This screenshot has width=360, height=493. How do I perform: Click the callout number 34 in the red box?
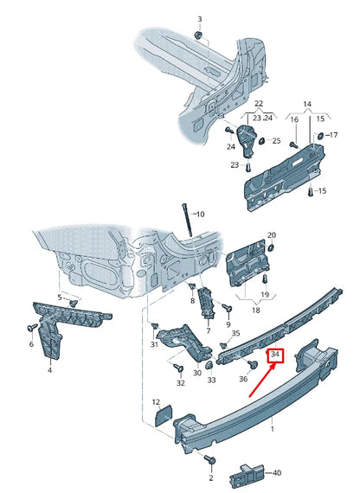tap(276, 355)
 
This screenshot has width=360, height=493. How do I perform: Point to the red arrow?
tap(262, 380)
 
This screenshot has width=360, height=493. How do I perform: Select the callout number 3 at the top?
tap(199, 19)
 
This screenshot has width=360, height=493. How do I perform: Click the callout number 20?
tap(271, 235)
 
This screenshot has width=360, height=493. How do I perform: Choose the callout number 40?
tap(278, 473)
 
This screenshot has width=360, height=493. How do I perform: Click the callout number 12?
tap(156, 402)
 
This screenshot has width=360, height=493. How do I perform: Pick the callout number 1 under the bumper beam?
tap(273, 428)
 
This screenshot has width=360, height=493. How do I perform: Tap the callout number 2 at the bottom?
tap(210, 477)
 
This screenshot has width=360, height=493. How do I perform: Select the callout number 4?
tap(49, 369)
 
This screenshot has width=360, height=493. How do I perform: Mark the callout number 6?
tap(31, 343)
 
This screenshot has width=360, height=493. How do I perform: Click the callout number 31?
tap(154, 344)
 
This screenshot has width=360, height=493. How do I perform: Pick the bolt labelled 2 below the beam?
tap(210, 459)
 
